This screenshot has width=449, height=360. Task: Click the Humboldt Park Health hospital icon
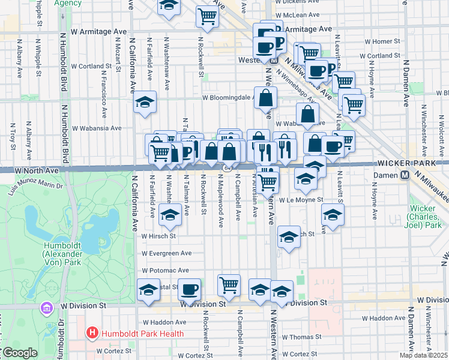pos(92,332)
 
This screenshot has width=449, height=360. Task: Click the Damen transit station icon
pos(405,175)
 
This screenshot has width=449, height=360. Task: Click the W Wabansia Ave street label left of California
pos(97,128)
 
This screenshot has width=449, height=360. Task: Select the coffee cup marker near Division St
pos(190,290)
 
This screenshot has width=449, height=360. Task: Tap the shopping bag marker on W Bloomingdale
pos(265,98)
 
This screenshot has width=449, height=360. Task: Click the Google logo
pos(19,353)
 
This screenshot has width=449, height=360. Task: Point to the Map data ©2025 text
pos(424,355)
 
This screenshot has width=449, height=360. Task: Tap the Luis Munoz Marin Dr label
pos(35,189)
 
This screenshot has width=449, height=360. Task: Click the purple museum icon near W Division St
pos(45,308)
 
